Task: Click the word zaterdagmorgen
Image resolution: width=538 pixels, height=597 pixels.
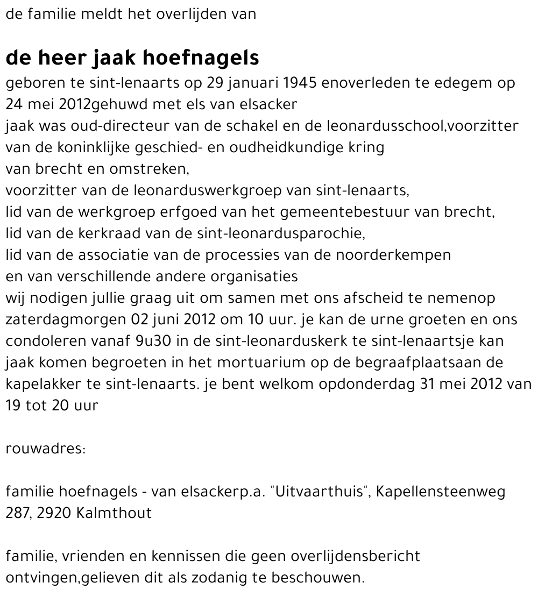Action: [x=67, y=319]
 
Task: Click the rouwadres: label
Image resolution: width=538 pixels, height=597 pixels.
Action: [x=46, y=449]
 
